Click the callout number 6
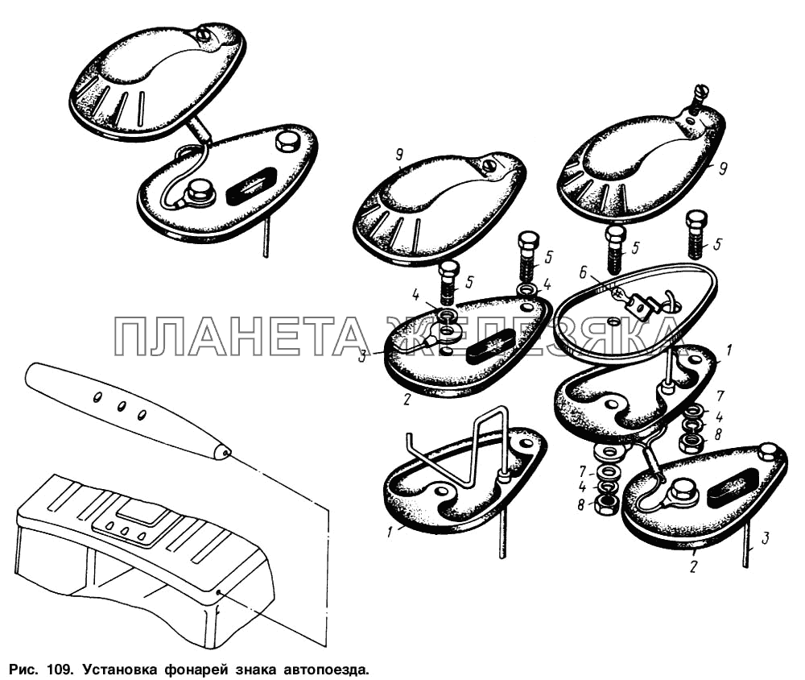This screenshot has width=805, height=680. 582,273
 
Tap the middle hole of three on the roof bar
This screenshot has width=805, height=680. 122,407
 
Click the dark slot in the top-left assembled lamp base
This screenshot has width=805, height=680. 251,186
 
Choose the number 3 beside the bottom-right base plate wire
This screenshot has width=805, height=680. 765,539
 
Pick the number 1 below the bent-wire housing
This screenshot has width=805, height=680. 390,532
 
